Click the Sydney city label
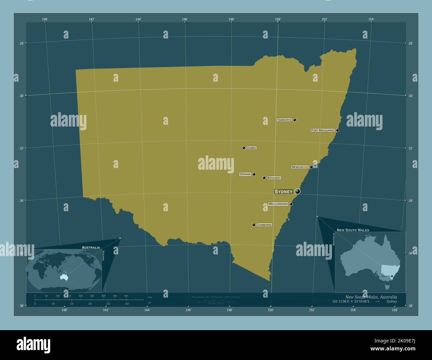[283, 192]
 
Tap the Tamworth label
[284, 120]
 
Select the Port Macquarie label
[322, 131]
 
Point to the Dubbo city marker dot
[244, 148]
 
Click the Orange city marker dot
[254, 174]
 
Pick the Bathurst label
[274, 178]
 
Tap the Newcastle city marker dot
[311, 167]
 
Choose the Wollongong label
[278, 204]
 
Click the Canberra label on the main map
[264, 225]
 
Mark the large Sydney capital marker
[297, 191]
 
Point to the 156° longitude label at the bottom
[395, 310]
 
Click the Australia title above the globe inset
[91, 247]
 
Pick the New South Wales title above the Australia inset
[353, 230]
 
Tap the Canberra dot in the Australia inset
[392, 276]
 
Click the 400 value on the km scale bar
[126, 296]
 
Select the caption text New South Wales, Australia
[371, 297]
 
